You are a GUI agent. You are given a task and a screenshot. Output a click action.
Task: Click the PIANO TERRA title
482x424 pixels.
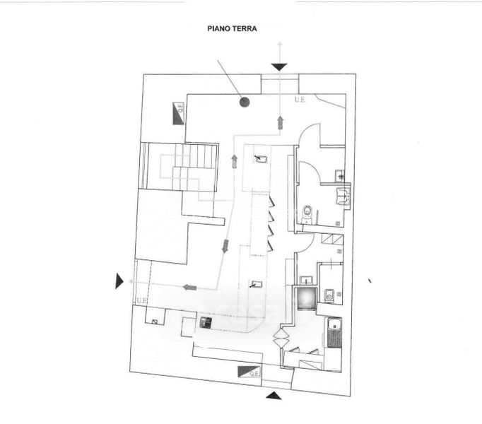click(232, 30)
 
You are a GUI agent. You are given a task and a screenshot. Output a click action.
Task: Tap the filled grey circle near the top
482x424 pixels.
click(245, 102)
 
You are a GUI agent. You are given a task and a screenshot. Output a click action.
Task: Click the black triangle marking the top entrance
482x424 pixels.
click(280, 66)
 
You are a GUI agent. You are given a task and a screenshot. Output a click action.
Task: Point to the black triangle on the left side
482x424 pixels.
click(119, 281)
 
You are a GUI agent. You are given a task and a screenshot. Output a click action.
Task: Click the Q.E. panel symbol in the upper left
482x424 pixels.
click(178, 113)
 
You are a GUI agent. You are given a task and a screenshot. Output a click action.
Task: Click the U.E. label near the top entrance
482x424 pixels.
click(300, 100)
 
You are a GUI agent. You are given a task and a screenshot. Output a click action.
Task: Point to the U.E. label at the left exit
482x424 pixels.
click(139, 303)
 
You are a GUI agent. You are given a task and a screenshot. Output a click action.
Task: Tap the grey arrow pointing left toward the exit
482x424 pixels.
click(189, 287)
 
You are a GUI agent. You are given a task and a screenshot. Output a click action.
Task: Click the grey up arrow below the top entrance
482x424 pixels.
click(281, 123)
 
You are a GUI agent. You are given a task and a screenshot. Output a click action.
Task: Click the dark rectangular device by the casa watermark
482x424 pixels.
click(206, 322)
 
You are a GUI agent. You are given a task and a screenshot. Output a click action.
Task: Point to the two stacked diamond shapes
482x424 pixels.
click(282, 337)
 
